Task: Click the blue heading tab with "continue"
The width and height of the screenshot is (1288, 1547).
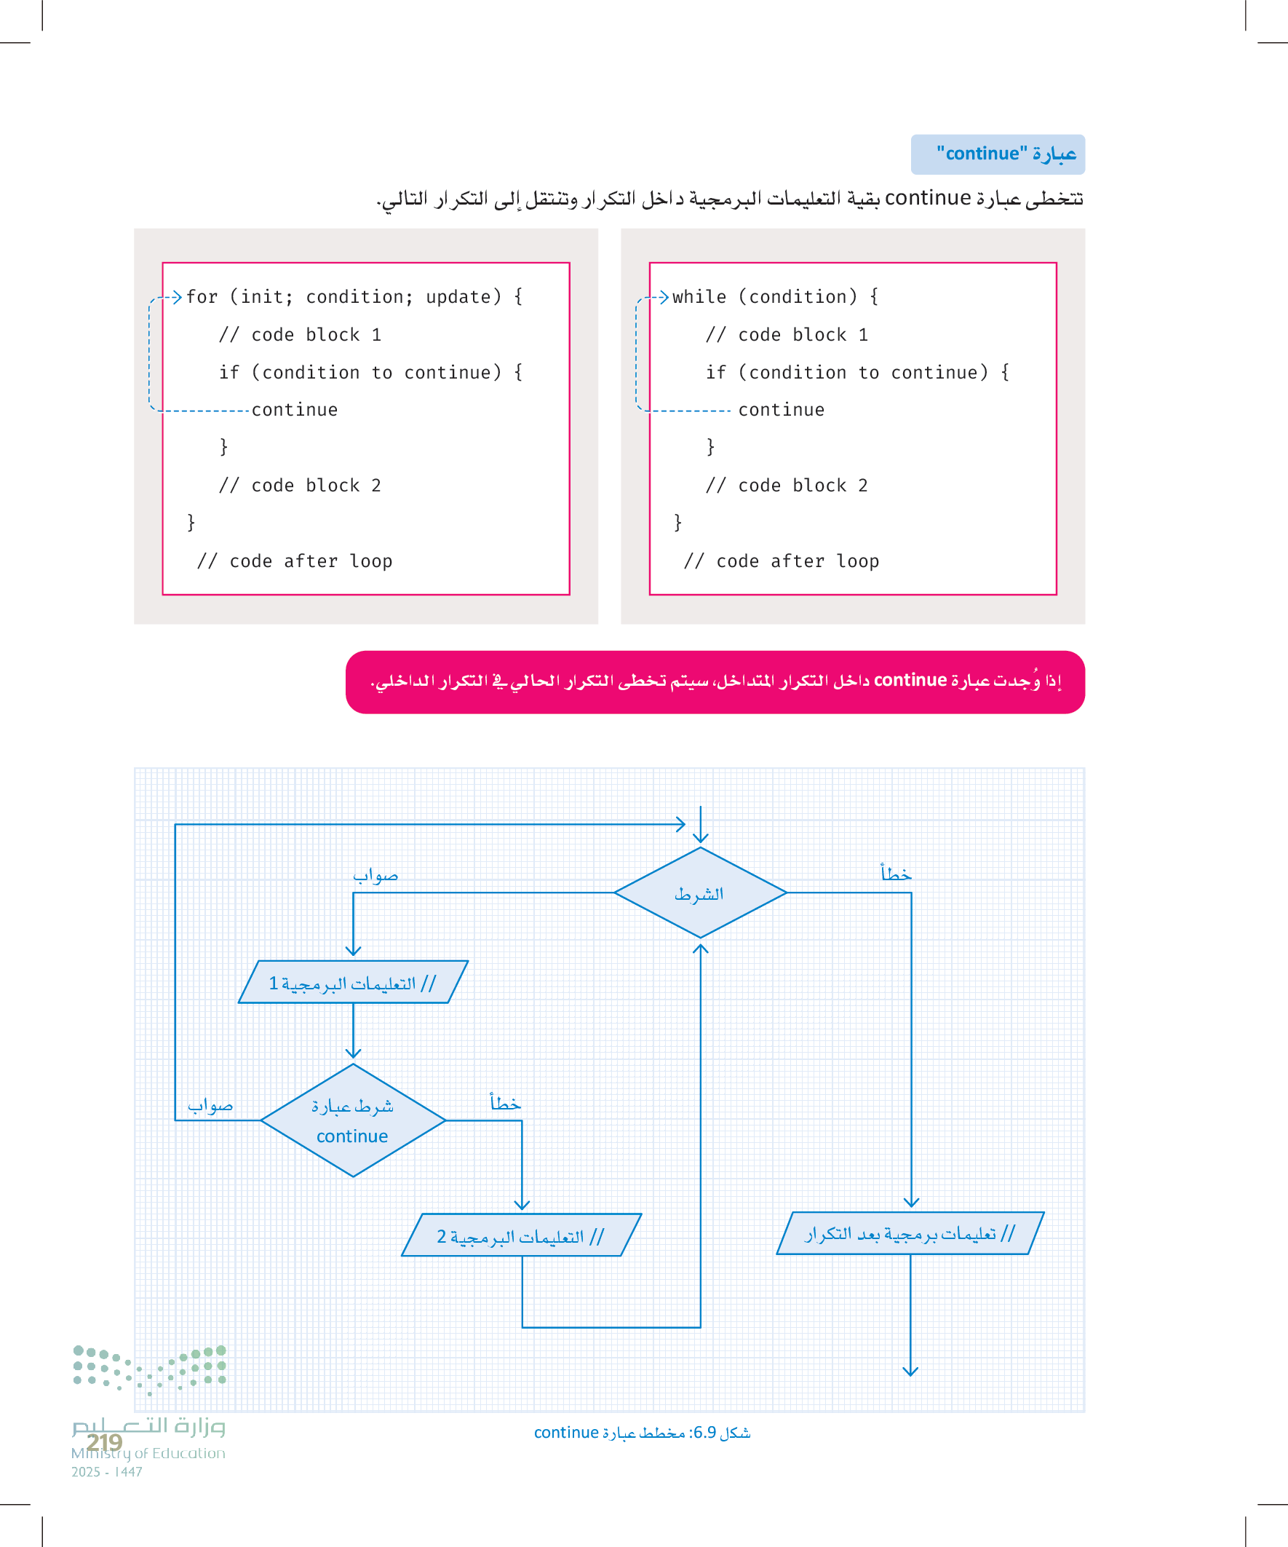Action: [997, 154]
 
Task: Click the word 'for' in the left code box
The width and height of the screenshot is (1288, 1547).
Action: [202, 297]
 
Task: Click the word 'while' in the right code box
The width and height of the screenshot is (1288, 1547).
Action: [699, 297]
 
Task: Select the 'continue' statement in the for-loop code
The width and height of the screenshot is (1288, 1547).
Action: [295, 411]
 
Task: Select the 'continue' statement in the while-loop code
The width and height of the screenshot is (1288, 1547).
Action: [782, 411]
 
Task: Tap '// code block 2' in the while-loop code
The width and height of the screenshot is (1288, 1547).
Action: [787, 486]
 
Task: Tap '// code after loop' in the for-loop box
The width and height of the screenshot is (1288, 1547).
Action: [295, 561]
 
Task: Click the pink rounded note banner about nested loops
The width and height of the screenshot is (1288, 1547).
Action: [715, 681]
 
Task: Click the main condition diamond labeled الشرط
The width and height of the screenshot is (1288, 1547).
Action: [699, 893]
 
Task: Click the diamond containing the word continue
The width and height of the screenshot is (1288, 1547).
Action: [353, 1120]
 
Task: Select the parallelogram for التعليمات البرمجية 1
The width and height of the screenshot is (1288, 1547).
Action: [353, 983]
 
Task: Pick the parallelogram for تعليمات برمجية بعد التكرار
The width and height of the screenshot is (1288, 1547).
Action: [910, 1233]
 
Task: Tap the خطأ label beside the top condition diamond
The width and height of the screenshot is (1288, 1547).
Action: [897, 874]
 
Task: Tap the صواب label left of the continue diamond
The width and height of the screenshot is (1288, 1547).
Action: [210, 1106]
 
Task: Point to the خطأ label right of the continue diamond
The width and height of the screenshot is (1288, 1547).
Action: [505, 1103]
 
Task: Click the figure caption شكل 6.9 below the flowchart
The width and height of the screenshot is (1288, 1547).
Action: [641, 1433]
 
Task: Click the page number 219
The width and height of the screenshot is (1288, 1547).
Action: [105, 1441]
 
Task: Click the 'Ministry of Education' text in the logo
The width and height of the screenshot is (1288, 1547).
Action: [148, 1453]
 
